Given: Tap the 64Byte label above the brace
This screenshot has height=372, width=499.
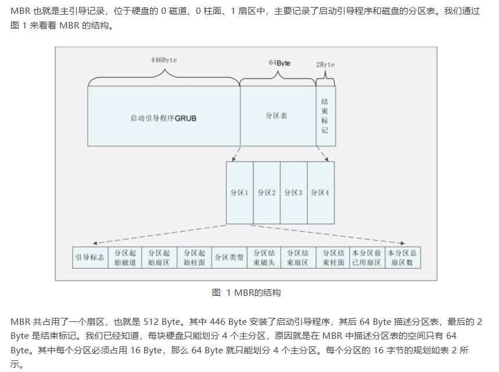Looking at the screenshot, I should (279, 62).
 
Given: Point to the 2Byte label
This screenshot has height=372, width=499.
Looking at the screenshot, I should (325, 64).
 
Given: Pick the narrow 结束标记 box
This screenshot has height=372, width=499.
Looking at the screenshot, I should (325, 116).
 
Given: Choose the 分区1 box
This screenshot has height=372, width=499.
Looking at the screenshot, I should (239, 193).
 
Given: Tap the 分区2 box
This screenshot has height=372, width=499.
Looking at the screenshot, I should (267, 193).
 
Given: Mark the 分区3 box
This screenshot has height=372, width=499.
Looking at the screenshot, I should (293, 193).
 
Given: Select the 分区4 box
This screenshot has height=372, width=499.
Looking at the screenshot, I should (320, 193).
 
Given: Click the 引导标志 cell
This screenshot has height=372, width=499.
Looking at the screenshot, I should (89, 257).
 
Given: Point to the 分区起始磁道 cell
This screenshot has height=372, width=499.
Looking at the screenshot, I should (124, 257).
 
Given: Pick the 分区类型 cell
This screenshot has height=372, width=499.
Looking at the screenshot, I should (229, 257).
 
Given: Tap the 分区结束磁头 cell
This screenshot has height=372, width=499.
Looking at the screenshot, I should (264, 257).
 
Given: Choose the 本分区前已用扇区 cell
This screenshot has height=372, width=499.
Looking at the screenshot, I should (368, 257).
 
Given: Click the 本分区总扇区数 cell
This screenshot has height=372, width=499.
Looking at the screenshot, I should (403, 257).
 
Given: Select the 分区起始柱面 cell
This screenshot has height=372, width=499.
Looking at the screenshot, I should (194, 257).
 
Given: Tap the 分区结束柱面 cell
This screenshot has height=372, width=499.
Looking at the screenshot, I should (333, 257).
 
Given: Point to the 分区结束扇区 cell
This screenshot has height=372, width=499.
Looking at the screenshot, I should (299, 257).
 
